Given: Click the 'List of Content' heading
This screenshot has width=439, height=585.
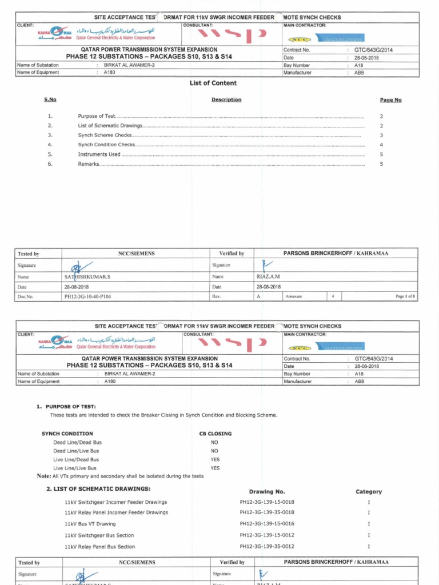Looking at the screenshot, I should pos(213,83).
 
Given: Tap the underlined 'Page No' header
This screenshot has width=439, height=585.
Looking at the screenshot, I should pos(390,99).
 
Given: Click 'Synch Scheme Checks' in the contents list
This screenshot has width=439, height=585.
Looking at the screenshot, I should pos(105,135).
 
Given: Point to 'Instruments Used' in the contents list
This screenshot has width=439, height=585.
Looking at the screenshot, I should pos(99,154).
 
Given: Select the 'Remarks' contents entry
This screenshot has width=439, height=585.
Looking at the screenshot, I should pos(89,164).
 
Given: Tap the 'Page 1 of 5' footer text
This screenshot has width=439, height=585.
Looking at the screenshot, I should pos(406,296).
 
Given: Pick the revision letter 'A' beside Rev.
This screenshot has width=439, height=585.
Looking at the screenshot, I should pos(258,296).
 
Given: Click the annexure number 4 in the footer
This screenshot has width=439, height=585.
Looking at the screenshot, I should pos(333,296).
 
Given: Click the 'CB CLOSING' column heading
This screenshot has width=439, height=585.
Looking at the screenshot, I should pos(215,434).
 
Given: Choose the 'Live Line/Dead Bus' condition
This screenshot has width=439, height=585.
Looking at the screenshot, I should pos(76,459).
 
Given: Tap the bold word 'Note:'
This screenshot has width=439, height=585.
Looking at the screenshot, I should pos(43,476).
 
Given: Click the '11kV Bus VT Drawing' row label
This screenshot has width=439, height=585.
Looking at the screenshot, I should pos(90,524).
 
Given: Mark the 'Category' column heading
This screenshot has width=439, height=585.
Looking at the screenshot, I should pos(369,491).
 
